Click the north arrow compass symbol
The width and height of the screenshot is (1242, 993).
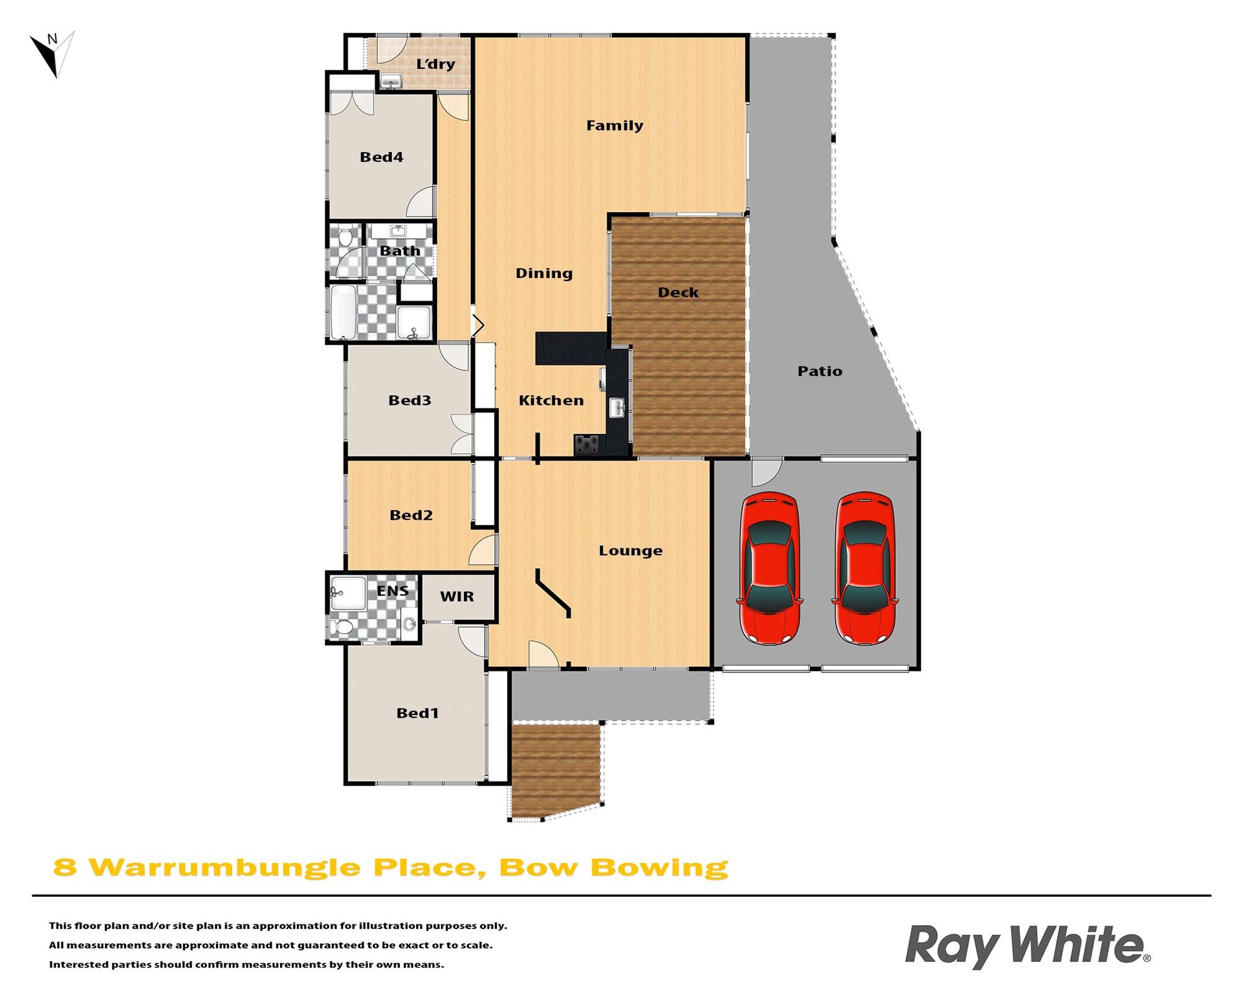click(x=53, y=54)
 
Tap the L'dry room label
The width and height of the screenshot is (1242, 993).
click(x=435, y=64)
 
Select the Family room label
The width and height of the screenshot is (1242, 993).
click(x=615, y=125)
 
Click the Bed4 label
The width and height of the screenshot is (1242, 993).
click(x=381, y=157)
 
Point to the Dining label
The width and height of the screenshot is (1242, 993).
click(x=544, y=273)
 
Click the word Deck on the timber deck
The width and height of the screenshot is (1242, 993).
click(x=678, y=292)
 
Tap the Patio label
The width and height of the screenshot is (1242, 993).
click(x=820, y=371)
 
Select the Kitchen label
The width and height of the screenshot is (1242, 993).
click(x=551, y=401)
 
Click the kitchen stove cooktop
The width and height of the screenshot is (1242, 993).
click(x=587, y=445)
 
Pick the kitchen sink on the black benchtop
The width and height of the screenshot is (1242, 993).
click(x=617, y=407)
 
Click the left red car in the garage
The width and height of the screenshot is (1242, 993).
click(x=769, y=568)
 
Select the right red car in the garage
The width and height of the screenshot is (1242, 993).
click(x=865, y=568)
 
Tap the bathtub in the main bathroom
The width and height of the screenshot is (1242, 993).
click(x=343, y=312)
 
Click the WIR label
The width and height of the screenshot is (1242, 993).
click(x=457, y=597)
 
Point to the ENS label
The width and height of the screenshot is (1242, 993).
click(x=393, y=591)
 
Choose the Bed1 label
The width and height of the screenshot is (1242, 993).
click(x=417, y=713)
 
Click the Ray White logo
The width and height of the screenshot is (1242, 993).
click(x=1027, y=946)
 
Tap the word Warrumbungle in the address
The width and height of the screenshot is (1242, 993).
click(x=224, y=868)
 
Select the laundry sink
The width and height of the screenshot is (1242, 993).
click(x=391, y=81)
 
